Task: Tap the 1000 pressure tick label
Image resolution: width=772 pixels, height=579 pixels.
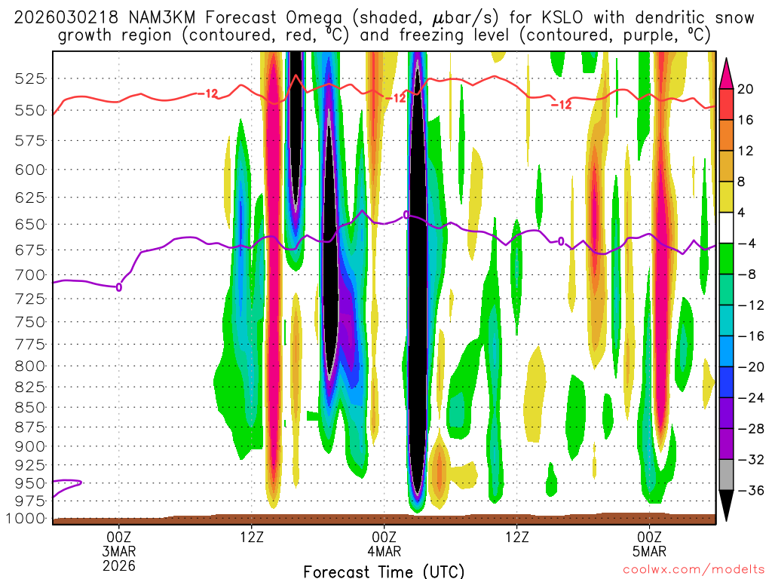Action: click(28, 519)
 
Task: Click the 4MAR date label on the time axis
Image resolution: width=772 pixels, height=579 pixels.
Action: click(384, 550)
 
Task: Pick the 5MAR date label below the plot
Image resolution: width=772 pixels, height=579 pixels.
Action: click(650, 550)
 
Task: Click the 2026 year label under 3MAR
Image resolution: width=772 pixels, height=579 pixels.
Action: click(119, 565)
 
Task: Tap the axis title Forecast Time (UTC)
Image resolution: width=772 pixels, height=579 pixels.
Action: click(384, 571)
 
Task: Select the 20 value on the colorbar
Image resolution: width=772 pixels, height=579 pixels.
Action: click(745, 89)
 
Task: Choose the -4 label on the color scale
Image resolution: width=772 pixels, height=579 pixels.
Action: click(746, 244)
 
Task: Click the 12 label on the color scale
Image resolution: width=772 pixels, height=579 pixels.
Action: click(745, 151)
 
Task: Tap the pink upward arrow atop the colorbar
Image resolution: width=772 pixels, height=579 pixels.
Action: click(727, 72)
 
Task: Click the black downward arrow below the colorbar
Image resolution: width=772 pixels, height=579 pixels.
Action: click(727, 505)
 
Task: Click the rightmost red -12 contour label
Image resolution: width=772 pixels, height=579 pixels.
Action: click(561, 105)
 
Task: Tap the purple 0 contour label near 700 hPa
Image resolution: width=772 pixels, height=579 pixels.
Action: click(119, 286)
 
